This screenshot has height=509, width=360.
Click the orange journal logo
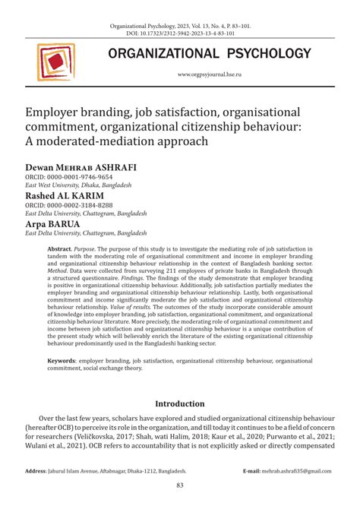(55, 63)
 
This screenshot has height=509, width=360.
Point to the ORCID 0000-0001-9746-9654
(69, 176)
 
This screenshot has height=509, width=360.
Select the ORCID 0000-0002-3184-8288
(69, 205)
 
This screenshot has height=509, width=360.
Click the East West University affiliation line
(78, 185)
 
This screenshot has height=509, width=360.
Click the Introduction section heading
(179, 403)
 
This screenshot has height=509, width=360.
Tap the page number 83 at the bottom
(180, 485)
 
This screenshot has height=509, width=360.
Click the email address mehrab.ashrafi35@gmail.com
(300, 471)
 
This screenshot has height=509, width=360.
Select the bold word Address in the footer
(36, 471)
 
